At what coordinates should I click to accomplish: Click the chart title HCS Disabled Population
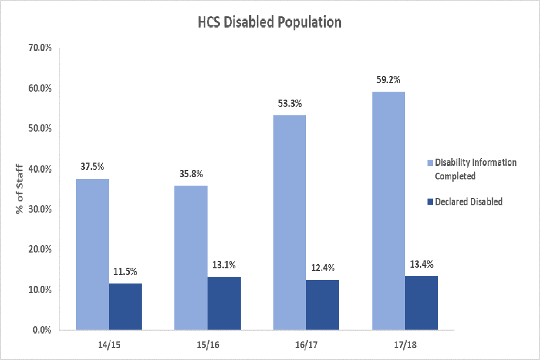tap(269, 22)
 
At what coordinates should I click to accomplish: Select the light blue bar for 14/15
tap(92, 254)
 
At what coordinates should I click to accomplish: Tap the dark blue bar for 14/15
tap(125, 307)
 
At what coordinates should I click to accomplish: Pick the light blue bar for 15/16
tap(191, 257)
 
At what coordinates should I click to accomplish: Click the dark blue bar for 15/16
tap(224, 303)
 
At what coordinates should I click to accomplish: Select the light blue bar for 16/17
tap(290, 222)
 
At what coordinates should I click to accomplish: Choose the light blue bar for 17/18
tap(388, 210)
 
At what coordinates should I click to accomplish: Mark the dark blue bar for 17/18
tap(421, 303)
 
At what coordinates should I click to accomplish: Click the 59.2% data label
tap(388, 80)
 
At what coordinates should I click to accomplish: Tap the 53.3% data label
tap(290, 103)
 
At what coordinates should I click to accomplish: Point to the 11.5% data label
tap(125, 272)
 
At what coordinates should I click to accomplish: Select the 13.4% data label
tap(421, 264)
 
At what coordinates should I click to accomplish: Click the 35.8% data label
tap(191, 174)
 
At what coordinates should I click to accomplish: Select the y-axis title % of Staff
tap(19, 190)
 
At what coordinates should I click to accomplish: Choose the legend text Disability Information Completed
tap(475, 169)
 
